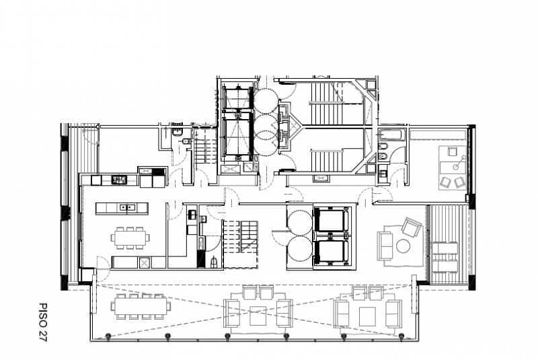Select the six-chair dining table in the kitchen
coord(130,238)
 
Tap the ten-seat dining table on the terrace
coord(141,306)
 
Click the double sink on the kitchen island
coord(126,207)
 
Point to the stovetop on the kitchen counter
coord(120,179)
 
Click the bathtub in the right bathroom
coord(392,135)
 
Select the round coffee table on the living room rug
coord(403,246)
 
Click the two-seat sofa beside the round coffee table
coord(385,246)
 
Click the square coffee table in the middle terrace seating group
coord(258,316)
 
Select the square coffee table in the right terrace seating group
coord(367,316)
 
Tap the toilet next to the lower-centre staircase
coord(213,262)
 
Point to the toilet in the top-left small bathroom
coord(186,141)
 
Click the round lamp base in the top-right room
coord(456,167)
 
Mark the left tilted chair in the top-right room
coord(445,182)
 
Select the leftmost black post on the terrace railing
coord(108,336)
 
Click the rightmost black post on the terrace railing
coord(401,336)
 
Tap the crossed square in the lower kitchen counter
coord(144,262)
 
